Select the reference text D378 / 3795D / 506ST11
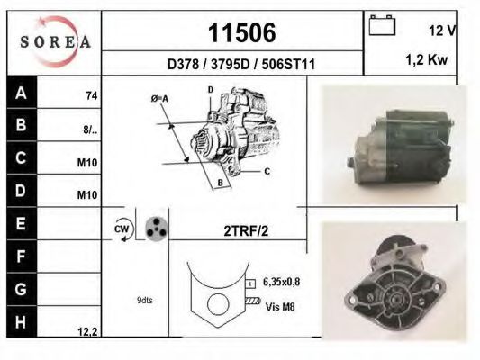pyautogui.click(x=241, y=65)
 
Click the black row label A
pyautogui.click(x=21, y=93)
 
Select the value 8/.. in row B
pyautogui.click(x=90, y=129)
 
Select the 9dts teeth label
pyautogui.click(x=144, y=300)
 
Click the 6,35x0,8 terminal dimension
pyautogui.click(x=282, y=282)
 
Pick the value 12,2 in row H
pyautogui.click(x=87, y=331)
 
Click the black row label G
pyautogui.click(x=21, y=290)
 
